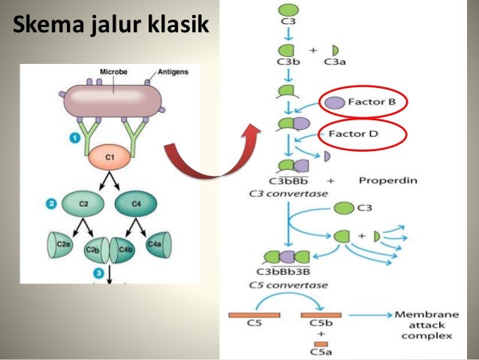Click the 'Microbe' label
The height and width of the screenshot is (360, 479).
113,72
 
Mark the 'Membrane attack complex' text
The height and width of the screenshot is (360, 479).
423,324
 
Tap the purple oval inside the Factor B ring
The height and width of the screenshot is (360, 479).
335,102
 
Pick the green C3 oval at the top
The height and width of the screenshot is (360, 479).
288,10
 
